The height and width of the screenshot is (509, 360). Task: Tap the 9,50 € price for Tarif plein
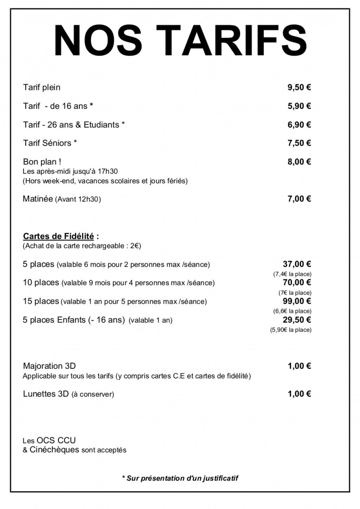pos(299,87)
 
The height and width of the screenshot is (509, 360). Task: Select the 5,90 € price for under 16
pos(299,106)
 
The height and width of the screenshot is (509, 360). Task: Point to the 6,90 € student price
pos(299,125)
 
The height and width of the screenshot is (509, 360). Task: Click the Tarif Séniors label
pos(50,143)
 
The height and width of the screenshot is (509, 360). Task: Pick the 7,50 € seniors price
pos(299,143)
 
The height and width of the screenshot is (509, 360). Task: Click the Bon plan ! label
pos(42,162)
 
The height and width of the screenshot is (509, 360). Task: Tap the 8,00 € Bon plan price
pos(299,162)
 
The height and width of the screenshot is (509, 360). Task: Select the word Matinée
pos(38,199)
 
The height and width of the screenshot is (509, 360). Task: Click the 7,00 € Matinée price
pos(299,199)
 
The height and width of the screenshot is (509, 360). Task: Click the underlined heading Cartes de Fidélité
pos(58,236)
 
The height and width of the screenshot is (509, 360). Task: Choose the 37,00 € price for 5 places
pos(297,264)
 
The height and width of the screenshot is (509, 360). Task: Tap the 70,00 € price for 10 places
pos(297,282)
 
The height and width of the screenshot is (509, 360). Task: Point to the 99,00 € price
pos(297,301)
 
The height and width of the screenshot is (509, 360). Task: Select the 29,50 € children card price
pos(297,320)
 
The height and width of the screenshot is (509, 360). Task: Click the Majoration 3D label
pos(49,366)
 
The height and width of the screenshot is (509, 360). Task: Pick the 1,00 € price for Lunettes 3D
pos(299,394)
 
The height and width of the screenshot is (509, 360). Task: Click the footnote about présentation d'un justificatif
pos(180,478)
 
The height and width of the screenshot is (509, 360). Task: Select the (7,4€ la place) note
pos(292,274)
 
